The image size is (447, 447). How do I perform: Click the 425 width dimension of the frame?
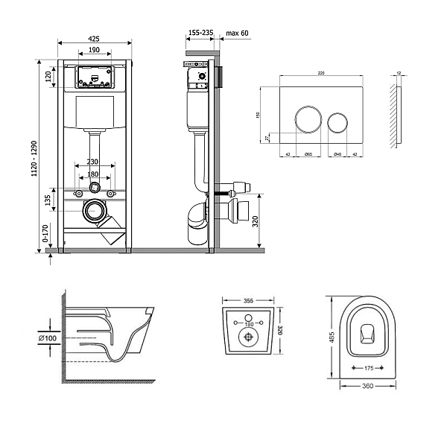(93, 39)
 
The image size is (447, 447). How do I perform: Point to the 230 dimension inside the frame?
(93, 162)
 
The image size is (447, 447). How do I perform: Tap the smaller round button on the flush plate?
(337, 121)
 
